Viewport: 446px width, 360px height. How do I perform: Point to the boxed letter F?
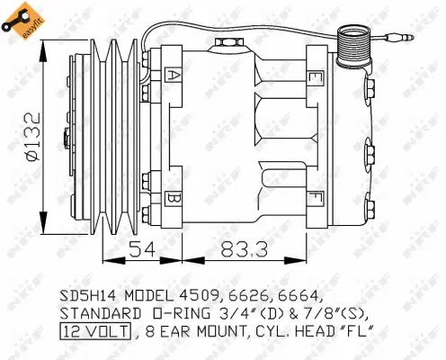(314, 195)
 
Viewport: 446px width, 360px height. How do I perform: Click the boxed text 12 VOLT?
(94, 331)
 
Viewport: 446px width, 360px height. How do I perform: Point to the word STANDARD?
(96, 313)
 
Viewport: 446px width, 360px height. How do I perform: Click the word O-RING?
(168, 313)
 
